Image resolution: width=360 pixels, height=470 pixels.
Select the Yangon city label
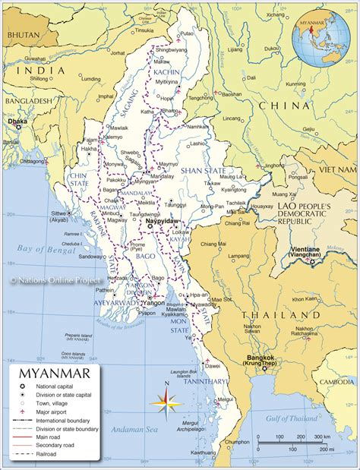click(153, 301)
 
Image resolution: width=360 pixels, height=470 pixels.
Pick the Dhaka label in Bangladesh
click(16, 121)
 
